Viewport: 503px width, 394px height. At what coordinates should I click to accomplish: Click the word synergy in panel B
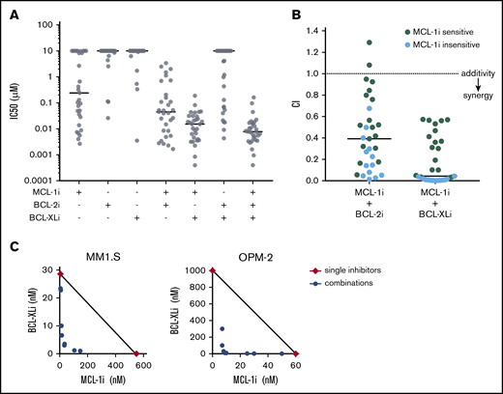(x=474, y=107)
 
